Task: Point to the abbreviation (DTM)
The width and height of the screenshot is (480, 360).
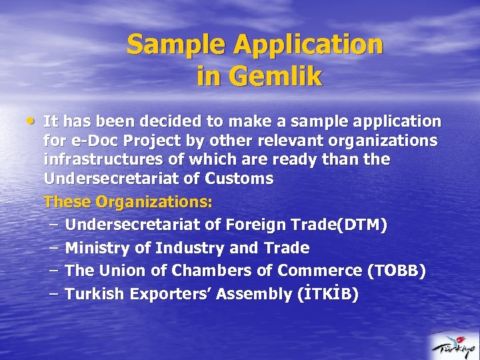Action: coord(362,225)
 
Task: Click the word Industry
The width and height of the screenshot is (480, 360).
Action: coord(189,249)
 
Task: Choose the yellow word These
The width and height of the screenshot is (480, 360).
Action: coord(67,201)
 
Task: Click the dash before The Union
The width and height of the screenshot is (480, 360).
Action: coord(54,271)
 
